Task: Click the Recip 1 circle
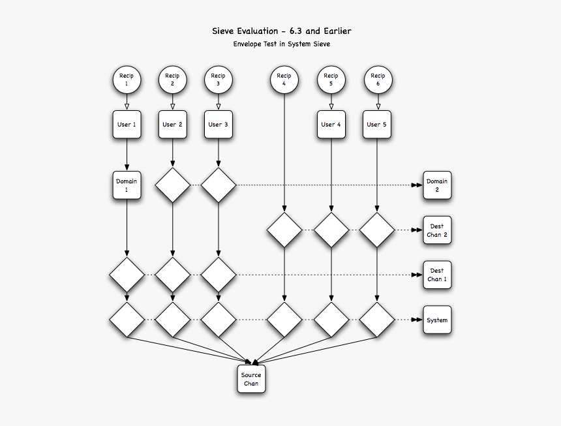point(127,80)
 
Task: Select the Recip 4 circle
point(284,80)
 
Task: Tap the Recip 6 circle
point(377,80)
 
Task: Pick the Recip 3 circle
point(218,80)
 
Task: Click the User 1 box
point(127,124)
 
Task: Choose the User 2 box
point(172,124)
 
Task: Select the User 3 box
point(218,124)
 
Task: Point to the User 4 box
point(331,124)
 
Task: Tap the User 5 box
point(377,124)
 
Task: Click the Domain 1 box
point(127,185)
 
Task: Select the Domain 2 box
point(437,185)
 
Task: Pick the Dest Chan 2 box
point(437,230)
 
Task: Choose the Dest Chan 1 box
point(437,275)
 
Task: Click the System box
point(437,320)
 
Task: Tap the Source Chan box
point(251,379)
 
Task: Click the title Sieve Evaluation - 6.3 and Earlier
point(281,31)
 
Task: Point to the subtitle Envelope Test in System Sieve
point(281,44)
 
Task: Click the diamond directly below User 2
point(172,185)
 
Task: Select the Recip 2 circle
point(172,80)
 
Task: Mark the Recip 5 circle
point(331,80)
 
